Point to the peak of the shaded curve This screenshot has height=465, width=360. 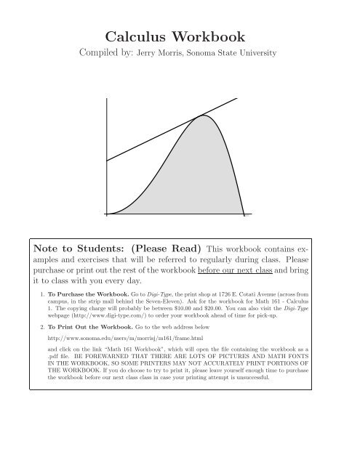201,116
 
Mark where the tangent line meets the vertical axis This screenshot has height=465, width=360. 106,161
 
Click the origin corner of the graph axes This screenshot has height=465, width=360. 106,214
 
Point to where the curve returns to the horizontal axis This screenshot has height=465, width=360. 244,214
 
